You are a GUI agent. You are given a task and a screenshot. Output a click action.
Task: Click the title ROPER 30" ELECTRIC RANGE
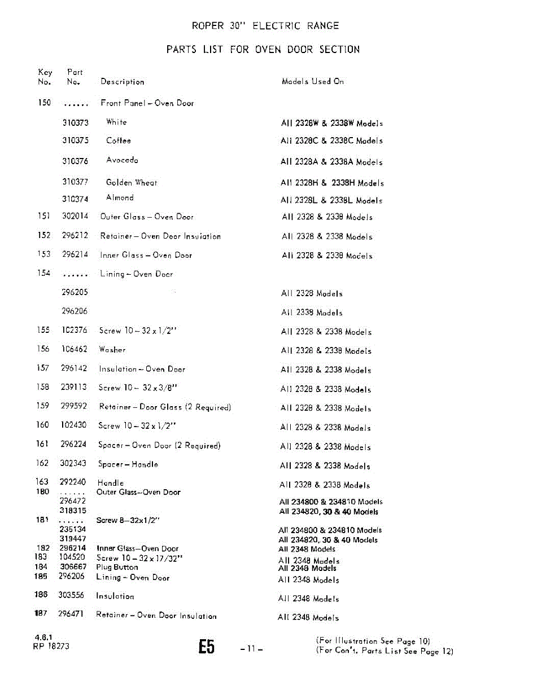[x=265, y=26]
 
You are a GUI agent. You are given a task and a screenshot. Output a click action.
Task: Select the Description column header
[x=122, y=82]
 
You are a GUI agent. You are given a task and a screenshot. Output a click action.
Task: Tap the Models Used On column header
[x=312, y=81]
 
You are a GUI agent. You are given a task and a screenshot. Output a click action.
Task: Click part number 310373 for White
[x=75, y=122]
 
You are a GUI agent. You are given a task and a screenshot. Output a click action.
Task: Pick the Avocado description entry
[x=122, y=160]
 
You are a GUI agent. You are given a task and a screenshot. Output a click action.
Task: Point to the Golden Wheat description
[x=132, y=182]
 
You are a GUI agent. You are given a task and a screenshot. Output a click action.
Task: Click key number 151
[x=43, y=217]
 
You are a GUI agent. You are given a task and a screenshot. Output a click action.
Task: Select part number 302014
[x=75, y=217]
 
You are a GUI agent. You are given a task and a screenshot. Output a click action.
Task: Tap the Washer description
[x=112, y=350]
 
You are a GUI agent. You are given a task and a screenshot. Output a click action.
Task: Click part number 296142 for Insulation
[x=74, y=368]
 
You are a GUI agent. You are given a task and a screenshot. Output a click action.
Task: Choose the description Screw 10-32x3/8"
[x=129, y=388]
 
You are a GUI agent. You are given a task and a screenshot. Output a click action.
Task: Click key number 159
[x=42, y=406]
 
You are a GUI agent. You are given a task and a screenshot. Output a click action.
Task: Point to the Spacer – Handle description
[x=128, y=464]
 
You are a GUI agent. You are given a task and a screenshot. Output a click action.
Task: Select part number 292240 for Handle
[x=73, y=483]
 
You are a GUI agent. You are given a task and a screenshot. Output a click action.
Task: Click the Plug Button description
[x=117, y=568]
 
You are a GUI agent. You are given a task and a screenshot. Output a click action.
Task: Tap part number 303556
[x=72, y=596]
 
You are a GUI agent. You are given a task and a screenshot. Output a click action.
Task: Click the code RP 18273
[x=51, y=647]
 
